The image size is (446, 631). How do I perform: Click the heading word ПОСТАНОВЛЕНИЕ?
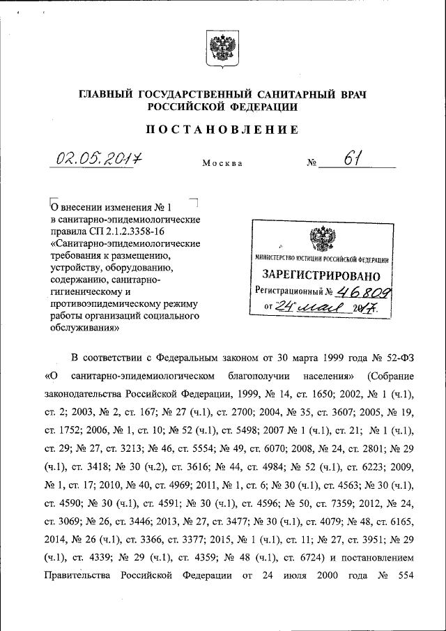(x=222, y=129)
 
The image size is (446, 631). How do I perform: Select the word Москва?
(x=222, y=164)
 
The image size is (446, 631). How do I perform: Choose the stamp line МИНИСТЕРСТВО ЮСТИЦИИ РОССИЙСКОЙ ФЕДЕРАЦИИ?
(x=321, y=260)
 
